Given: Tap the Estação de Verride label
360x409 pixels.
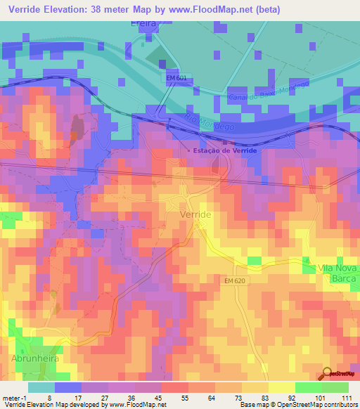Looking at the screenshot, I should coord(226,151).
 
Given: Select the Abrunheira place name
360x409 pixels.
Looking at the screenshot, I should coord(34,358).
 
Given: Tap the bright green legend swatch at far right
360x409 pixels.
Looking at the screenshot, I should coord(335,387).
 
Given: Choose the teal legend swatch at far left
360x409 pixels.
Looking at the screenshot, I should coord(41,387).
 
